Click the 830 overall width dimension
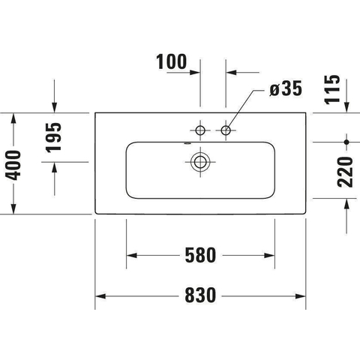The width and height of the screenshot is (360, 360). coord(200,295)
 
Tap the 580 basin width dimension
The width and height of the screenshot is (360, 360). coord(200,255)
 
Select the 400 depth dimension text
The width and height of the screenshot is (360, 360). coord(13,165)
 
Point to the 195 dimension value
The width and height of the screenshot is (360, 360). coord(53,137)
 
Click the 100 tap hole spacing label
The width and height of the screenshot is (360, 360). coord(172,61)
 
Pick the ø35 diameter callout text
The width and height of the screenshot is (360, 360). coord(286,88)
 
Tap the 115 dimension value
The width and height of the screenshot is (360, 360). coord(332,89)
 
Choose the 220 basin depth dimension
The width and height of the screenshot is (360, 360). coord(345,172)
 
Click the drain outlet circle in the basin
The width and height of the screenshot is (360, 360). coord(200,162)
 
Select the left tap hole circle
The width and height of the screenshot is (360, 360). coord(200,130)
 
